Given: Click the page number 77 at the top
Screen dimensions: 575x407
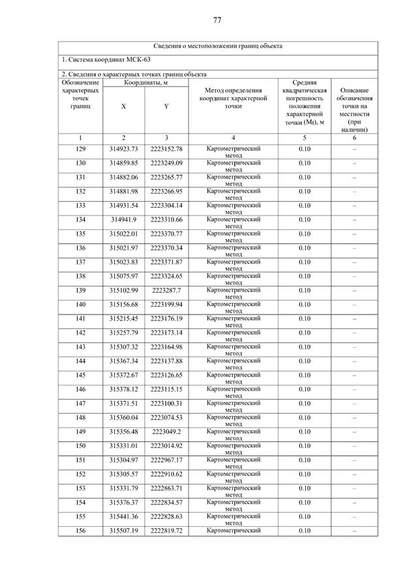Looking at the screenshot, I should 217,20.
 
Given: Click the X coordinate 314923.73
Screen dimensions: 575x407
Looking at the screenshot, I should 123,149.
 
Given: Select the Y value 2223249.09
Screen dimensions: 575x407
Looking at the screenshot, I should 166,163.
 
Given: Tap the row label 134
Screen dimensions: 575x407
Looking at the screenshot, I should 80,219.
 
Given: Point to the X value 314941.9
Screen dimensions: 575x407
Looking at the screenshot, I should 123,219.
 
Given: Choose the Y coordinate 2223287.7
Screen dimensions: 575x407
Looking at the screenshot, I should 166,290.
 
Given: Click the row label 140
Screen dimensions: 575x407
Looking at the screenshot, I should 80,305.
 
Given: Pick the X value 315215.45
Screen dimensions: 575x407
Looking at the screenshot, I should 123,318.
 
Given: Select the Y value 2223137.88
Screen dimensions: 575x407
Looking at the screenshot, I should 166,361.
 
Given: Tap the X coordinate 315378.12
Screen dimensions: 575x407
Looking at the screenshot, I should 123,389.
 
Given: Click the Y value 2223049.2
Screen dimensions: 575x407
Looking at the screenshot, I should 166,432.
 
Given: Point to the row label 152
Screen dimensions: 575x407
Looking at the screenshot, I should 80,474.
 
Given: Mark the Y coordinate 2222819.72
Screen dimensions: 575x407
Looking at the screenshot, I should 166,531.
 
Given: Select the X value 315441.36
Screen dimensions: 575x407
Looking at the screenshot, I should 123,516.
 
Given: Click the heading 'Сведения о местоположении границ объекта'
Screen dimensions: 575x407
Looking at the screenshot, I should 217,47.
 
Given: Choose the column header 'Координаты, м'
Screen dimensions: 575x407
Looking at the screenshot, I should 145,83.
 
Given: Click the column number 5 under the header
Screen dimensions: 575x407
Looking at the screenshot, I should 304,138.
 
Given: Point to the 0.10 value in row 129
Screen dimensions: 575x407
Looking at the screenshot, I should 304,149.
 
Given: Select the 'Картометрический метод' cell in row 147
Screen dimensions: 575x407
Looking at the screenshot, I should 234,406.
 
